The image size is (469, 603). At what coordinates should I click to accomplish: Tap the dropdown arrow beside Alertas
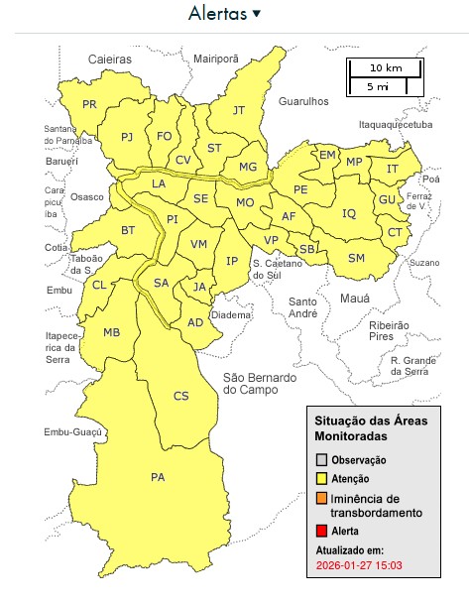[x=257, y=13]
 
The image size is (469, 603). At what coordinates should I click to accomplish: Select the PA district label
[x=158, y=477]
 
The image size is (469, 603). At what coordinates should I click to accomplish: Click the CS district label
[x=180, y=396]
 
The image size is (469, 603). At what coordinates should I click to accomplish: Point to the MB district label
[x=112, y=332]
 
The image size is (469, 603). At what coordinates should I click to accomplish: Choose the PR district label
[x=89, y=104]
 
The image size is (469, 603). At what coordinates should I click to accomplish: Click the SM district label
[x=357, y=258]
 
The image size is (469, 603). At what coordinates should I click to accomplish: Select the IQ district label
[x=349, y=213]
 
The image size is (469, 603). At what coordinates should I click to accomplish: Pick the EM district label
[x=326, y=156]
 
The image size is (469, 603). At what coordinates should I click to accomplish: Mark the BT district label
[x=128, y=230]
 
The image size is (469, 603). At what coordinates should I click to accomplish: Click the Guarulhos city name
[x=303, y=101]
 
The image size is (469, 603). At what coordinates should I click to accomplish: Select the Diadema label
[x=231, y=314]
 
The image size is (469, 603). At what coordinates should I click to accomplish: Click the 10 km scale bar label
[x=386, y=67]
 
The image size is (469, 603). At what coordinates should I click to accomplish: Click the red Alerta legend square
[x=321, y=531]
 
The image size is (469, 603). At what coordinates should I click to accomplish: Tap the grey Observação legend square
[x=321, y=460]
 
